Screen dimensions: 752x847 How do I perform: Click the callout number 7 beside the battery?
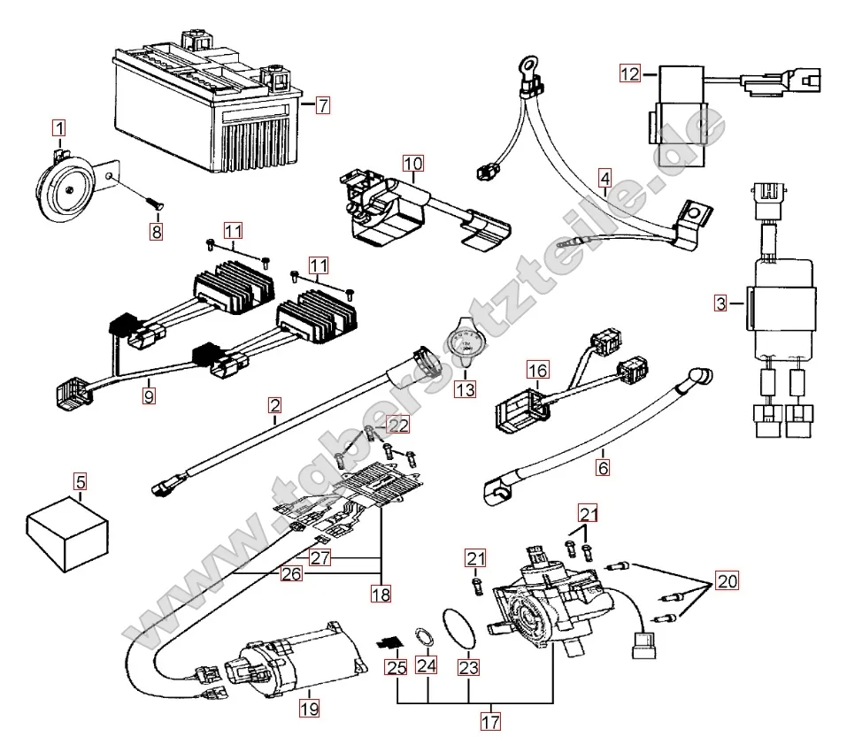[x=323, y=105]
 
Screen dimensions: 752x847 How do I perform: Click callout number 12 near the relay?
[x=629, y=74]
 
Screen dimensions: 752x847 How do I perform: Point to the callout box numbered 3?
[x=722, y=304]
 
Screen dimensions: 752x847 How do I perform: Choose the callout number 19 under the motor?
[x=309, y=708]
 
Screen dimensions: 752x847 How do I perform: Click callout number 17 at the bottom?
[x=490, y=722]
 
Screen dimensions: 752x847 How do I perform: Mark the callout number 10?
[x=413, y=163]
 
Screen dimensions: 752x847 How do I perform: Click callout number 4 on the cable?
[x=604, y=175]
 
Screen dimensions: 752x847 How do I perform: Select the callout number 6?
[x=603, y=465]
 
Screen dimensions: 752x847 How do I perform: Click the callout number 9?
[x=149, y=397]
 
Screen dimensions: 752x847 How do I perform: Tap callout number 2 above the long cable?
[x=275, y=406]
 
